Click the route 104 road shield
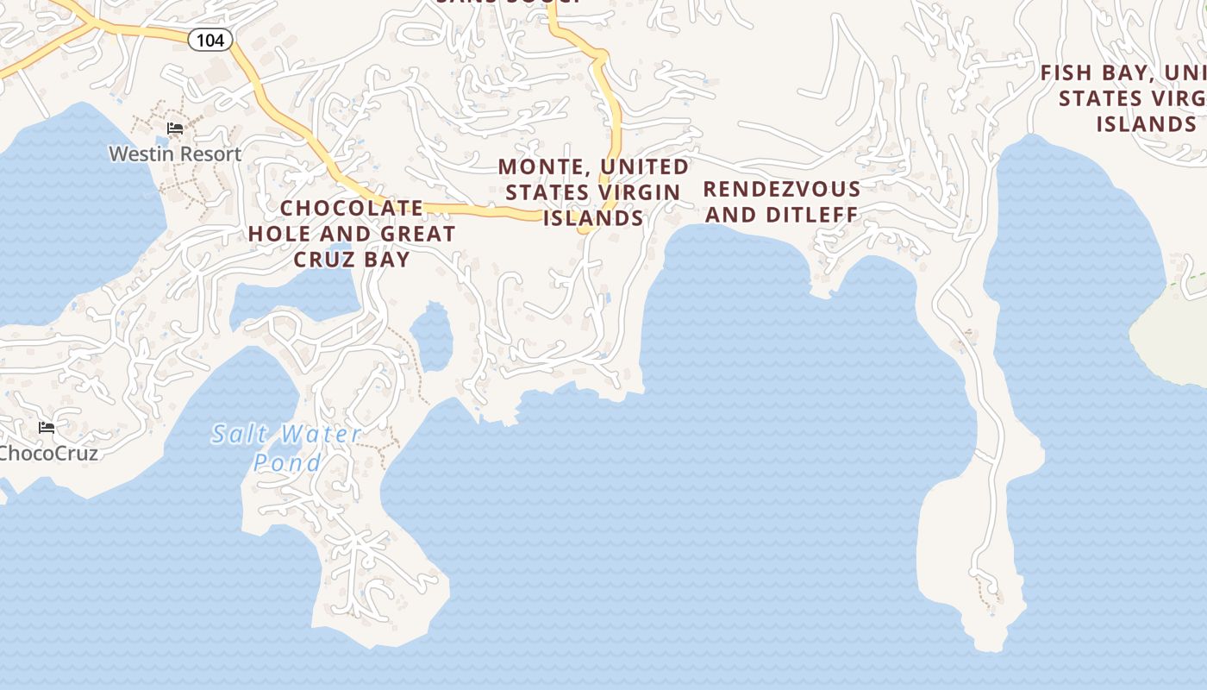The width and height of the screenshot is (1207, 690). pos(210,40)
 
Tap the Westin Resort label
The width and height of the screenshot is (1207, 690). pos(175,154)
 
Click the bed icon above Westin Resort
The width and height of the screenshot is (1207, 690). pos(175,129)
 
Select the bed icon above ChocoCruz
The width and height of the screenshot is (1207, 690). pos(47,427)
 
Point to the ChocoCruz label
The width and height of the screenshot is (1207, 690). pos(49,453)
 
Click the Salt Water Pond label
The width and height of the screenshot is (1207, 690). pos(287,448)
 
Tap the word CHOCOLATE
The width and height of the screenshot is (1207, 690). pos(352,208)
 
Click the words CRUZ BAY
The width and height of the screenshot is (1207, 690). pos(352,259)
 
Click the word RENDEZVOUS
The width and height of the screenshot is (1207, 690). pos(782,190)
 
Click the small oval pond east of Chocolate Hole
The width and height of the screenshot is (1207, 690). pos(431,336)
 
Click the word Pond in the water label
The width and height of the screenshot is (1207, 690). pos(287,462)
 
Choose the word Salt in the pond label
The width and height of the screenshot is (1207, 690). pos(237,433)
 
